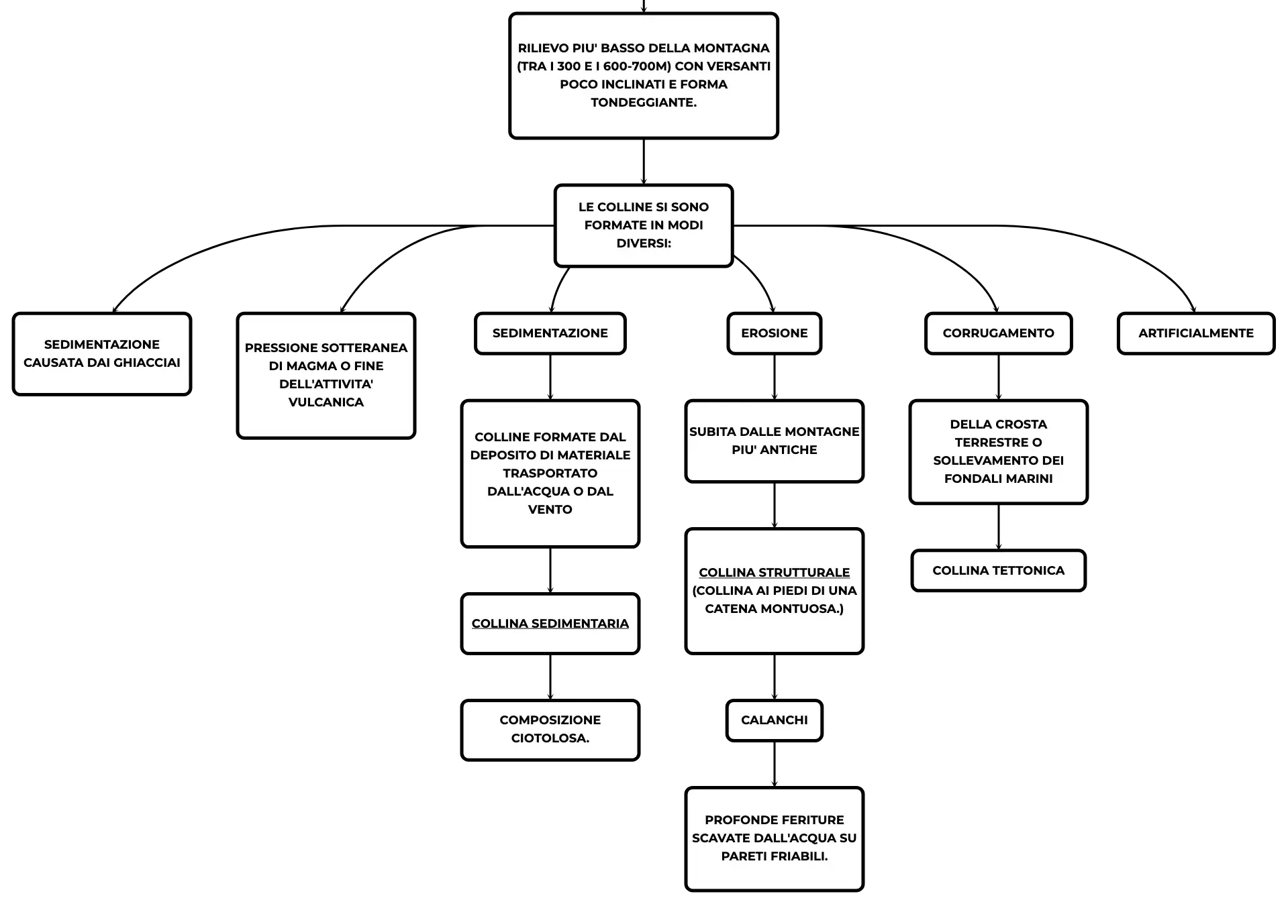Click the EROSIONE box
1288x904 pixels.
coord(774,333)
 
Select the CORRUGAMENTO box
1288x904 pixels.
coord(998,333)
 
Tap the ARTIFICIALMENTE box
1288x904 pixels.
coord(1195,333)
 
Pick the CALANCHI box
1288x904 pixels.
coord(774,720)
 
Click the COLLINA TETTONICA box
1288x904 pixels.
coord(998,571)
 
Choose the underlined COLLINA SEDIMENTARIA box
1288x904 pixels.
coord(550,624)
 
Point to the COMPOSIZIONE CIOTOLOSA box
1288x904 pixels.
coord(550,730)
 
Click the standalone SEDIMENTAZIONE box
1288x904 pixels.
coord(550,333)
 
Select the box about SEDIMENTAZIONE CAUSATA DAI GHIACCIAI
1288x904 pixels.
coord(102,353)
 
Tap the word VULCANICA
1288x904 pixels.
coord(326,402)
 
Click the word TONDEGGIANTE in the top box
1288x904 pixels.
coord(644,103)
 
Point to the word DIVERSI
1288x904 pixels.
coord(644,243)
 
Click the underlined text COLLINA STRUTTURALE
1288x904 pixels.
coord(774,573)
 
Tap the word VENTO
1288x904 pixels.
coord(550,510)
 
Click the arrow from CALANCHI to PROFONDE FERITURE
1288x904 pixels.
coord(775,765)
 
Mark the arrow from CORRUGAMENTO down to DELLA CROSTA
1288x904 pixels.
coord(999,378)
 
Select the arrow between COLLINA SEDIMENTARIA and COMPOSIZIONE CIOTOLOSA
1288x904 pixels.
coord(550,677)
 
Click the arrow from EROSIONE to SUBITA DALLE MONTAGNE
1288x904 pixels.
coord(775,378)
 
